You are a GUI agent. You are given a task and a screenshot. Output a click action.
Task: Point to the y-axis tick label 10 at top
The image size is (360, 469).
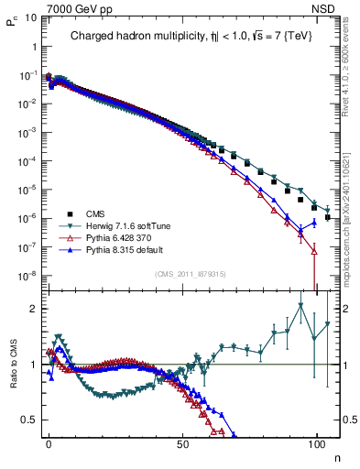[x=29, y=17]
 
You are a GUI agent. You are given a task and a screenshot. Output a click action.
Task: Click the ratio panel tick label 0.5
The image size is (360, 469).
[x=29, y=420]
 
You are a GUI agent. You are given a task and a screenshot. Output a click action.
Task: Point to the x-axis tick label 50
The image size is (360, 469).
[x=183, y=442]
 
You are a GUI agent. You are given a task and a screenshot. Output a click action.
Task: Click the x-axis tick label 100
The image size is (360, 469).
[x=317, y=442]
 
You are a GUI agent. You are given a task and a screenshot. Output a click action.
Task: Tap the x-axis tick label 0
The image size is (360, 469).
[x=49, y=442]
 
